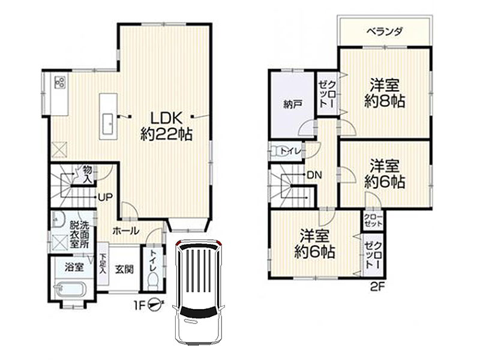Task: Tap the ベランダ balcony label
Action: click(385, 31)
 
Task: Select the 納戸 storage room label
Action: click(293, 104)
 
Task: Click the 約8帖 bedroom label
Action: click(385, 101)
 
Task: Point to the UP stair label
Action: click(106, 197)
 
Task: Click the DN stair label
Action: click(314, 175)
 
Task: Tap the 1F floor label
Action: click(139, 305)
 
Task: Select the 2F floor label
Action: click(377, 287)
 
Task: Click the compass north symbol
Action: click(155, 305)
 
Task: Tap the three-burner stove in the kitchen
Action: click(59, 82)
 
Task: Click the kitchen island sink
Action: click(109, 124)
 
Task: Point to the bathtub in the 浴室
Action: click(71, 289)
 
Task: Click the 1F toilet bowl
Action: click(152, 280)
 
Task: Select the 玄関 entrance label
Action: click(124, 269)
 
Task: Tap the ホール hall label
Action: click(126, 231)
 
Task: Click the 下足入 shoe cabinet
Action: click(103, 264)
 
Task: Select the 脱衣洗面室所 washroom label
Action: click(79, 235)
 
